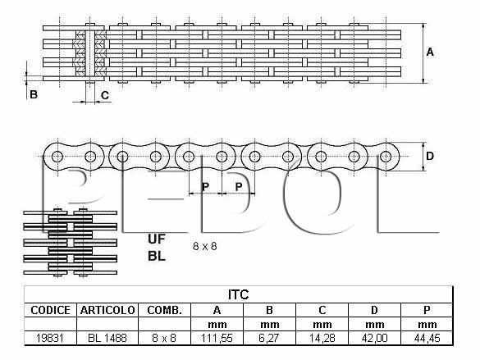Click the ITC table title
pyautogui.click(x=239, y=294)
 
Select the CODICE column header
pyautogui.click(x=50, y=310)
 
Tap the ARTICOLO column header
pyautogui.click(x=107, y=310)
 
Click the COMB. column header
pyautogui.click(x=164, y=310)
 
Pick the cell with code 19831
pyautogui.click(x=50, y=338)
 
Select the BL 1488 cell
pyautogui.click(x=107, y=338)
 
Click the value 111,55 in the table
pyautogui.click(x=217, y=338)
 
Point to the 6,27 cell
pyautogui.click(x=269, y=338)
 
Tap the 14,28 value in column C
pyautogui.click(x=322, y=338)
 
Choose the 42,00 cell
pyautogui.click(x=374, y=338)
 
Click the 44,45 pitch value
pyautogui.click(x=427, y=338)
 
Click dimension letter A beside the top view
pyautogui.click(x=430, y=52)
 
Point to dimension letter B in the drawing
pyautogui.click(x=34, y=94)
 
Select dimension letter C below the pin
pyautogui.click(x=105, y=95)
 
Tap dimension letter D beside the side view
pyautogui.click(x=430, y=157)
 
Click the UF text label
pyautogui.click(x=157, y=239)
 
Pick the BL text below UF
pyautogui.click(x=157, y=257)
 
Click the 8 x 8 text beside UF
pyautogui.click(x=205, y=246)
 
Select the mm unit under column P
pyautogui.click(x=427, y=324)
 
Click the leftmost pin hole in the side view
pyautogui.click(x=57, y=157)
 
